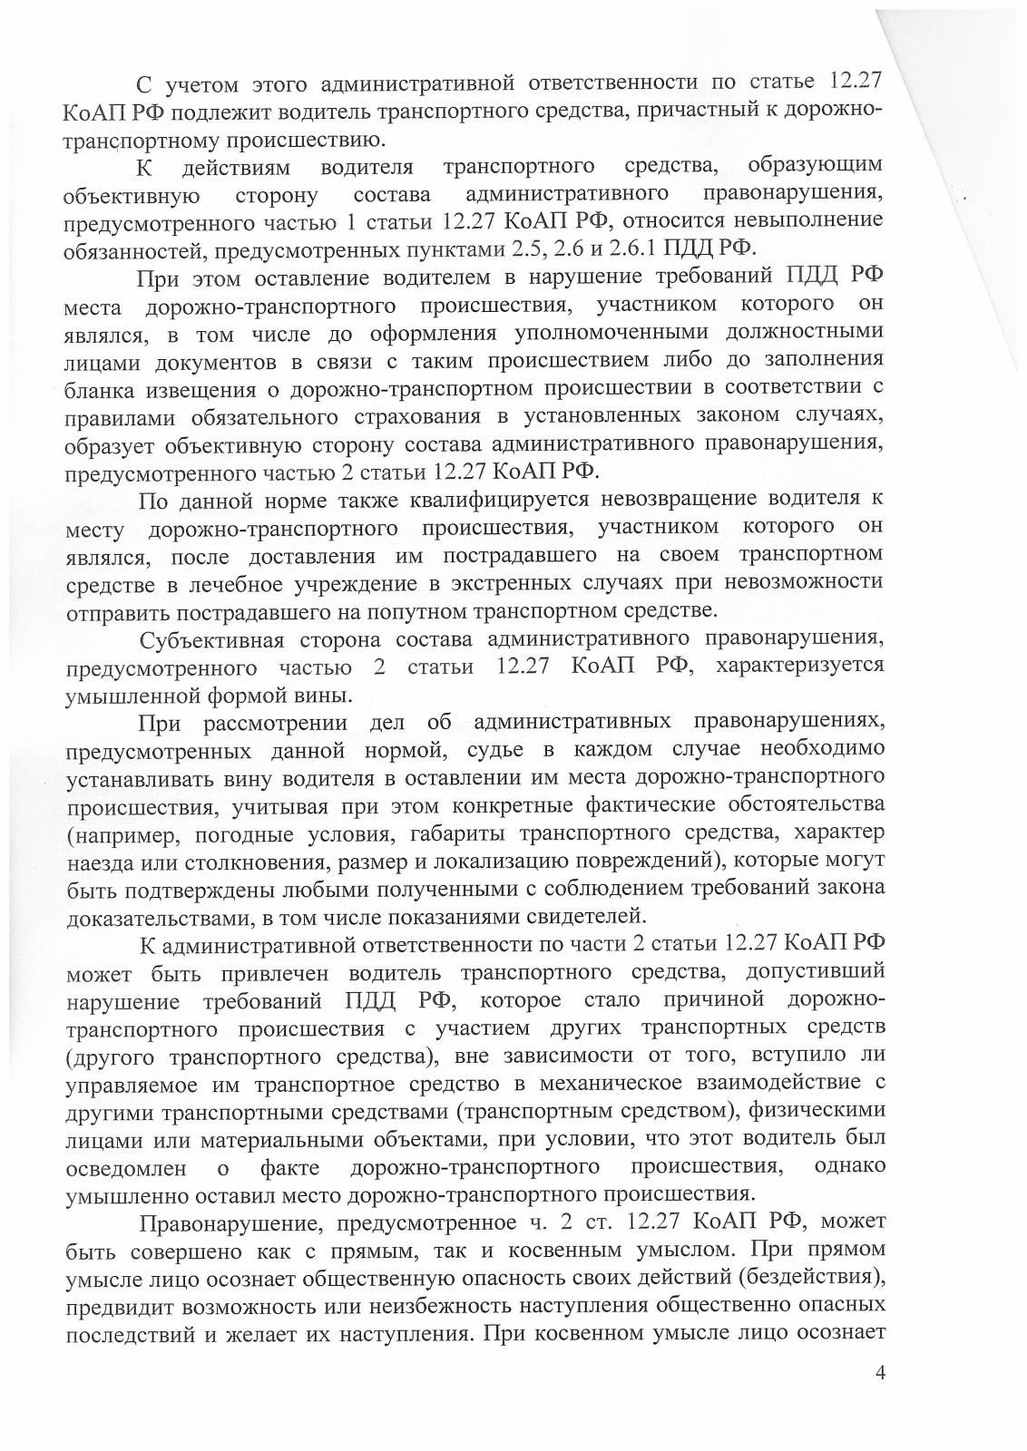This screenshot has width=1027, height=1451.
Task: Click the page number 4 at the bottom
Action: pos(878,1396)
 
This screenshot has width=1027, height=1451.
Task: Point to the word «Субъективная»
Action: pos(207,640)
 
